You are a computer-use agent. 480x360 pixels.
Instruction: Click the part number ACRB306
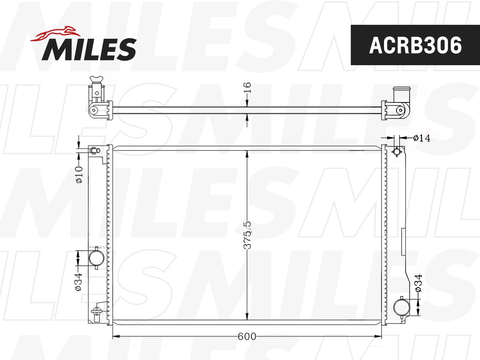(415, 45)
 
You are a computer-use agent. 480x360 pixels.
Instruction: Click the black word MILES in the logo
(89, 49)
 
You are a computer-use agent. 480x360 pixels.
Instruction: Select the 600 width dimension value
(247, 336)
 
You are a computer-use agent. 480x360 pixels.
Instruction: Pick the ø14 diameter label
(421, 138)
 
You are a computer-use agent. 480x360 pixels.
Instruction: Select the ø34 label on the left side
(78, 281)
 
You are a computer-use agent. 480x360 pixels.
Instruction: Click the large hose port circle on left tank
(96, 258)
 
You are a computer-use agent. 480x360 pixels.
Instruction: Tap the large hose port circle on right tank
(402, 307)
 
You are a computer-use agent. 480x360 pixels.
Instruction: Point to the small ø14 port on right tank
(397, 152)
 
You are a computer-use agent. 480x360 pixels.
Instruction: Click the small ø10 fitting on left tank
(95, 150)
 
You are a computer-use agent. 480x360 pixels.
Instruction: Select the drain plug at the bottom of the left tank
(96, 313)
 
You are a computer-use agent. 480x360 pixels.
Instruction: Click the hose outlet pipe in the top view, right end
(400, 96)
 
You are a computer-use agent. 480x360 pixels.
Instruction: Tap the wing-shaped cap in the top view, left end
(96, 79)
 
